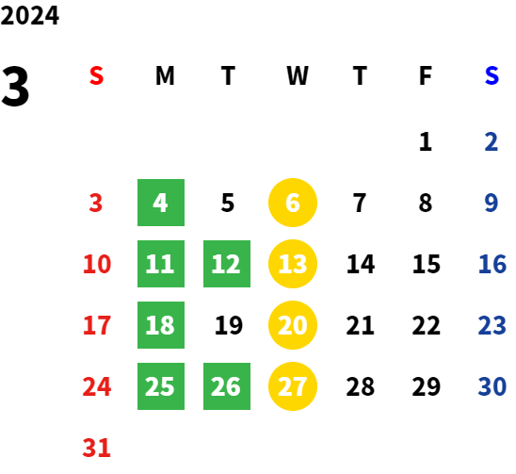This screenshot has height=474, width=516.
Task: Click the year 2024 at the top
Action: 29,15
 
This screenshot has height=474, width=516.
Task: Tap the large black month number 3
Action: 15,86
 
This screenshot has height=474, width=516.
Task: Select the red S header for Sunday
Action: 96,75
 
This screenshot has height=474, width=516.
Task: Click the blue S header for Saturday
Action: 492,75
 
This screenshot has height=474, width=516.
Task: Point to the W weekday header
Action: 298,75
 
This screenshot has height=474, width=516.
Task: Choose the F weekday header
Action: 426,75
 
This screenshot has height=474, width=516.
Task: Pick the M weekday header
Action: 165,75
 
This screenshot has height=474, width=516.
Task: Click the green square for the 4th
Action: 161,203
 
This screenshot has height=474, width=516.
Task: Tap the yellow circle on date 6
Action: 293,203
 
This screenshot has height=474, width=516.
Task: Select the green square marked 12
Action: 227,264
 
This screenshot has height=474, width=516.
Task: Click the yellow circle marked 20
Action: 293,325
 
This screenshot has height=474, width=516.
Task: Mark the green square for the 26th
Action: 227,386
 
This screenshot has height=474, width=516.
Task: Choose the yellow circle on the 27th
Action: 293,386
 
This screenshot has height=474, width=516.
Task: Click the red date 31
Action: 96,448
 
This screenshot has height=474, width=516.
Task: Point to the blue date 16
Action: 492,264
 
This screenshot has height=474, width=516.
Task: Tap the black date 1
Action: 426,141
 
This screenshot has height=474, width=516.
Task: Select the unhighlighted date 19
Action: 229,325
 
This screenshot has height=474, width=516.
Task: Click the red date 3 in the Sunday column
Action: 96,203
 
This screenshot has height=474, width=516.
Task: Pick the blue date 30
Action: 492,386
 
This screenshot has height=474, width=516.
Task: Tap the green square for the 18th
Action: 161,325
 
